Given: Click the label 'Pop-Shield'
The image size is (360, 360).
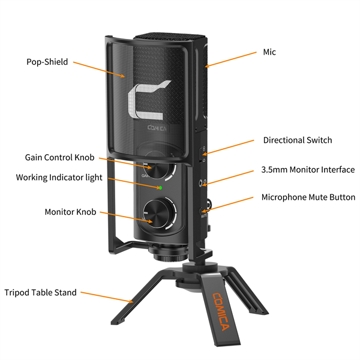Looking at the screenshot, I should tap(47, 61).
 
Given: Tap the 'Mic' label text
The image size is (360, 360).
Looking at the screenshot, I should tap(269, 52).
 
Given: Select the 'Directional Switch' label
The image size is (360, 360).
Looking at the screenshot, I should tap(298, 140).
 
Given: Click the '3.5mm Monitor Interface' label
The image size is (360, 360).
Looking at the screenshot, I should tap(308, 170).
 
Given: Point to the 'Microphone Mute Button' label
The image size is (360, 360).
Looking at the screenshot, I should tap(308, 197).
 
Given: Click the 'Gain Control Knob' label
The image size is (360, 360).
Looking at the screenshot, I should tap(59, 157).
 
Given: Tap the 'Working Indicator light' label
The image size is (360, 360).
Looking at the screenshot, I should tap(59, 178).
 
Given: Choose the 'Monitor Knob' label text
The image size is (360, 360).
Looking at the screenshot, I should tap(70, 212).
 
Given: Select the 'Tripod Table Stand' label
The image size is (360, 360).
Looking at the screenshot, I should tap(41, 293).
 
